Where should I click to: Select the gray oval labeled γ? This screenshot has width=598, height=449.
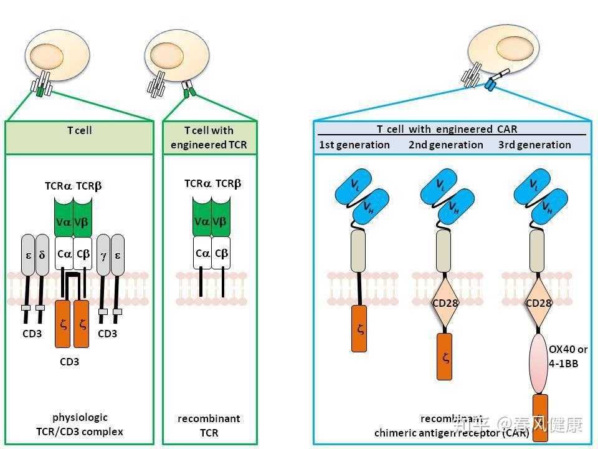pos(103,255)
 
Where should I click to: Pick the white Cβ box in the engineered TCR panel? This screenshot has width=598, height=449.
pos(221,253)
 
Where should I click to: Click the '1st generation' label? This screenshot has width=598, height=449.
pos(354,145)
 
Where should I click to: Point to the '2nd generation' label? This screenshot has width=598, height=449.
pos(445,145)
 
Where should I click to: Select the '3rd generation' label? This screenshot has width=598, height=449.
pos(534,145)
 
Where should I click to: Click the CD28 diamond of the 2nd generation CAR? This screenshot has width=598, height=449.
pos(445,304)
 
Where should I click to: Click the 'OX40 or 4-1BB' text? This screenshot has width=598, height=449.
pos(567,356)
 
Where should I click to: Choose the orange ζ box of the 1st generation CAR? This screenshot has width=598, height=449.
pos(359,328)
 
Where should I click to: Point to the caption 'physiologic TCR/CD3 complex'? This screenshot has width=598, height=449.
pos(79,424)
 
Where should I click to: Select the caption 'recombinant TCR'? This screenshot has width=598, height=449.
pos(209,425)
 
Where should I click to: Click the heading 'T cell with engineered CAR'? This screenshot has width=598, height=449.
pos(447,129)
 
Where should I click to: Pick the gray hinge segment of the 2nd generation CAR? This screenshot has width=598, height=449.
pos(445,250)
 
